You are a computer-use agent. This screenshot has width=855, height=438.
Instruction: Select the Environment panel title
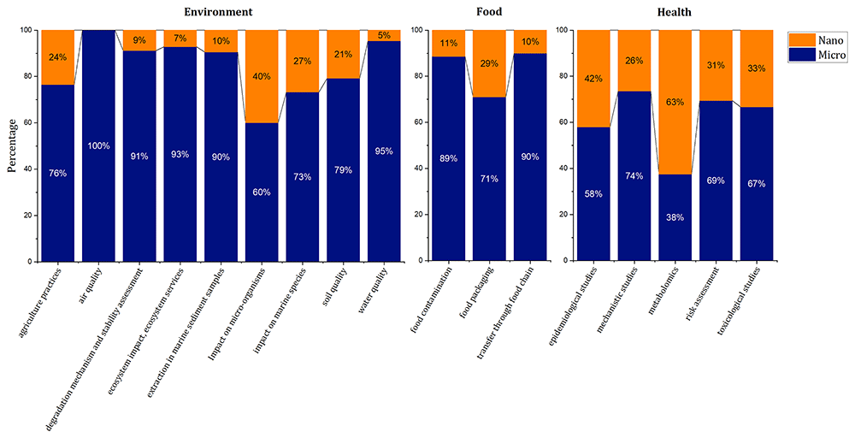coord(210,11)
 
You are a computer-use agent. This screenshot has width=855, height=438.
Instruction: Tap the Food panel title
coord(489,11)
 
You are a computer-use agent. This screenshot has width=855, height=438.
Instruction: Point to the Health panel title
coord(675,11)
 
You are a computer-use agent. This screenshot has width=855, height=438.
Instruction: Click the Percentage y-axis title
coord(11,146)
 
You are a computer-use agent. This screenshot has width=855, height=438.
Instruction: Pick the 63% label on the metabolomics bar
coord(675,102)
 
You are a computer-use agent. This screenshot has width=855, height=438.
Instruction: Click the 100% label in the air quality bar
coord(98,145)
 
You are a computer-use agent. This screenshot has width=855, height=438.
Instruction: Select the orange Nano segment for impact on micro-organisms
coord(261,76)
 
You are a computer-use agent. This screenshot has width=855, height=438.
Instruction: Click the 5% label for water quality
coord(384,36)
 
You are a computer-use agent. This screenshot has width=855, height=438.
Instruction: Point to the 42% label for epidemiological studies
coord(593,79)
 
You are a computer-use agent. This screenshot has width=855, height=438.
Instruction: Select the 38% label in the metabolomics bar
coord(675,217)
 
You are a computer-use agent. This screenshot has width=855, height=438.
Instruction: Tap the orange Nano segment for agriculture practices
coord(58,57)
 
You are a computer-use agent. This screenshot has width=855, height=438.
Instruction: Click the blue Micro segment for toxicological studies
coord(757,184)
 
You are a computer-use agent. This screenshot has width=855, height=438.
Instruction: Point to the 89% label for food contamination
coord(448,159)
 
